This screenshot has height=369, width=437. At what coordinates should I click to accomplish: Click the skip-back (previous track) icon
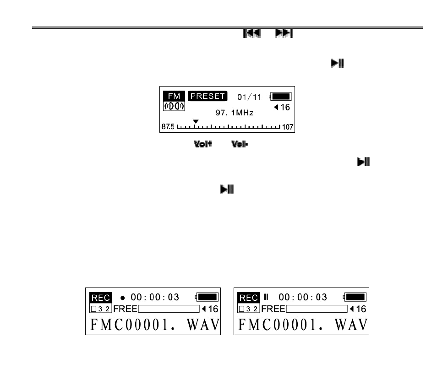click(x=251, y=33)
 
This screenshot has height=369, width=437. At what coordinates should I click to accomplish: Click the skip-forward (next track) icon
click(x=284, y=33)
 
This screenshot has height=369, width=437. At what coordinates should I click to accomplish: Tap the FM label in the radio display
click(x=174, y=96)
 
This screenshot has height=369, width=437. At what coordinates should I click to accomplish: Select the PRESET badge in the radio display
click(x=208, y=96)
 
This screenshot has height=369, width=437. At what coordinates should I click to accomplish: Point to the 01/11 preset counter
click(x=249, y=97)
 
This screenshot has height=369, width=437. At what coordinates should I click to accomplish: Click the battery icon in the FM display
click(x=280, y=96)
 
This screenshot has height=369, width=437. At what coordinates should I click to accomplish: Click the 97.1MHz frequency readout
click(x=235, y=113)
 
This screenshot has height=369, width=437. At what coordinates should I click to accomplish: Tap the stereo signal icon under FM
click(x=174, y=106)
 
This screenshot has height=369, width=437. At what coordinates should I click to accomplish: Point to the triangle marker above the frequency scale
click(x=196, y=121)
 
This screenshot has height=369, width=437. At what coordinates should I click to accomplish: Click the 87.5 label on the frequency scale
click(x=168, y=127)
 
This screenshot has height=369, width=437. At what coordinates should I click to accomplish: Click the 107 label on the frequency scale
click(x=288, y=127)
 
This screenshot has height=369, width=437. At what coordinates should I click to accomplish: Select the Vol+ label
click(x=202, y=144)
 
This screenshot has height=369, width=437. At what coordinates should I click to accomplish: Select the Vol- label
click(x=240, y=144)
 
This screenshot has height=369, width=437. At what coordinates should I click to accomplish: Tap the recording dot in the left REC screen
click(x=123, y=298)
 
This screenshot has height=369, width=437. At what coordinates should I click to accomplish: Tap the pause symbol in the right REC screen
click(x=266, y=297)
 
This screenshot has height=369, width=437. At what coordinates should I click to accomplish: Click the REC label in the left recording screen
click(x=101, y=298)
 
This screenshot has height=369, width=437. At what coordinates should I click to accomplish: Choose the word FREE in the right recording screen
click(x=273, y=309)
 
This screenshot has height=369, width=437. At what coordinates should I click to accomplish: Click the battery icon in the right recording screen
click(x=355, y=297)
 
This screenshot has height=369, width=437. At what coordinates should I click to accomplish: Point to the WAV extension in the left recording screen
click(x=203, y=325)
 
